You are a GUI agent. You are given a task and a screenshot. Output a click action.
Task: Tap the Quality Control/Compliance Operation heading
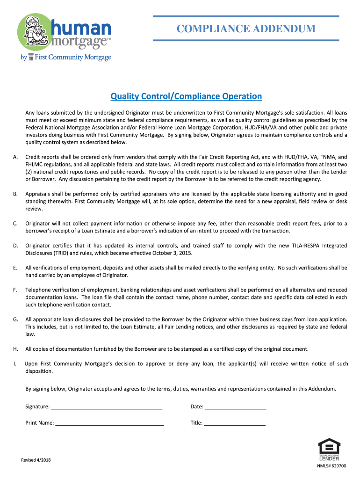click(x=186, y=96)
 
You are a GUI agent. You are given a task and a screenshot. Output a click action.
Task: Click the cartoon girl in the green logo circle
click(x=30, y=30)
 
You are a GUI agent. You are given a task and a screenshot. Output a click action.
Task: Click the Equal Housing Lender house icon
click(x=329, y=446)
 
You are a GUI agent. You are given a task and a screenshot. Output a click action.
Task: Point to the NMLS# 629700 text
click(x=332, y=466)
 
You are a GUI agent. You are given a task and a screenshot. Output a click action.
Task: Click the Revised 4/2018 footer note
click(x=36, y=460)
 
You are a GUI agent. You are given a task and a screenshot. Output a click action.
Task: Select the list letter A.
click(x=15, y=157)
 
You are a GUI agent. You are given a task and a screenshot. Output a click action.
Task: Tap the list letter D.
click(x=15, y=246)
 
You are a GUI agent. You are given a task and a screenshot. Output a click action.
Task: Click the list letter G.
click(x=15, y=319)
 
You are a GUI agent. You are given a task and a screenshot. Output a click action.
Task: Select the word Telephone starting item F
click(x=39, y=290)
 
